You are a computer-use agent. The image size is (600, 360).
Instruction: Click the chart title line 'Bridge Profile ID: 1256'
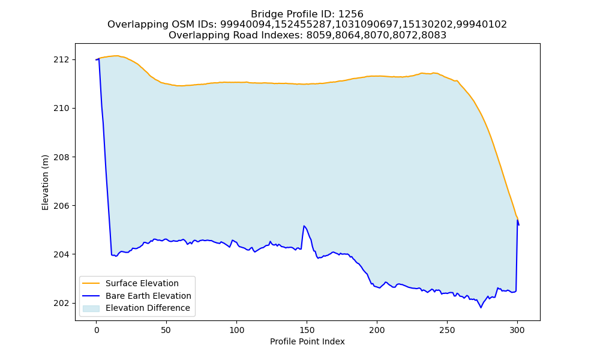click(307, 14)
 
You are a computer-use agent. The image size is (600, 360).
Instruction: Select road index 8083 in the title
click(433, 35)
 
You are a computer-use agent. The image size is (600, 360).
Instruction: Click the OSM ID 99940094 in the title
click(243, 25)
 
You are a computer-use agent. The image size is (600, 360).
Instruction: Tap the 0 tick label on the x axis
click(97, 330)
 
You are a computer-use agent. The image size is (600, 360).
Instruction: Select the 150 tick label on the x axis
click(307, 330)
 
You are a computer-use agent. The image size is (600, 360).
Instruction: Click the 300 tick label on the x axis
click(517, 330)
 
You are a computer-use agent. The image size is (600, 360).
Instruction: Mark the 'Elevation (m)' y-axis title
click(45, 182)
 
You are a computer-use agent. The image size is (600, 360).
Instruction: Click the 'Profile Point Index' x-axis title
click(307, 341)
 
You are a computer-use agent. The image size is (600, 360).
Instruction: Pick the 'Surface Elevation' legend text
click(142, 283)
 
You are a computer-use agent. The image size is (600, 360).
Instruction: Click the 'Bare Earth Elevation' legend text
click(148, 296)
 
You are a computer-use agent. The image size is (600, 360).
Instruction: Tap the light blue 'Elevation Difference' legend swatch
click(91, 308)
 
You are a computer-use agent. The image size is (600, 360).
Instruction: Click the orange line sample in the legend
click(91, 283)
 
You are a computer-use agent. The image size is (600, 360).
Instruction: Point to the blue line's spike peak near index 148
click(304, 226)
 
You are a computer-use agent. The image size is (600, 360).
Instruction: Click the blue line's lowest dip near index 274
click(481, 308)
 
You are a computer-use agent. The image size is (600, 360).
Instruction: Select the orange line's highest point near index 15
click(117, 56)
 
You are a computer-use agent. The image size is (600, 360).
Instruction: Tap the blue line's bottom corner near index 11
click(112, 255)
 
